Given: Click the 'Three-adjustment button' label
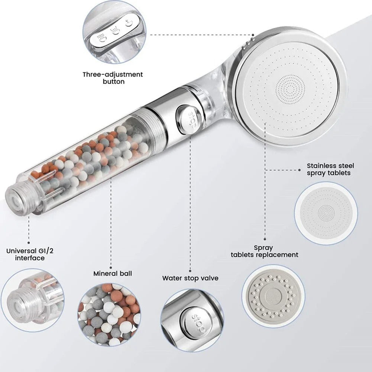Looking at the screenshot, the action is click(x=113, y=78).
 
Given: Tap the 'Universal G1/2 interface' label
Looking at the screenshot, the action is click(x=30, y=254).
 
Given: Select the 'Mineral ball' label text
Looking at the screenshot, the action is click(x=113, y=274).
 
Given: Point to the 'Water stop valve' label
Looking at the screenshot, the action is click(x=190, y=278).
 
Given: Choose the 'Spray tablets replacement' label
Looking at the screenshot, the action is click(x=265, y=251).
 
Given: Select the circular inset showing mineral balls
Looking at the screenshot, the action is click(x=109, y=315).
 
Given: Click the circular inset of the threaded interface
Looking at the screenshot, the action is click(x=33, y=300).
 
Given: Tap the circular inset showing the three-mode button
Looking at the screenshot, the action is click(x=114, y=32).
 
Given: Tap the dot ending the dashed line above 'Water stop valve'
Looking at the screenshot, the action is click(x=190, y=271).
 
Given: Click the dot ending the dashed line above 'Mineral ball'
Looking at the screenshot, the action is click(x=111, y=268).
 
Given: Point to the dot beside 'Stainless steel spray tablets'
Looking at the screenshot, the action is click(x=300, y=170).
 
